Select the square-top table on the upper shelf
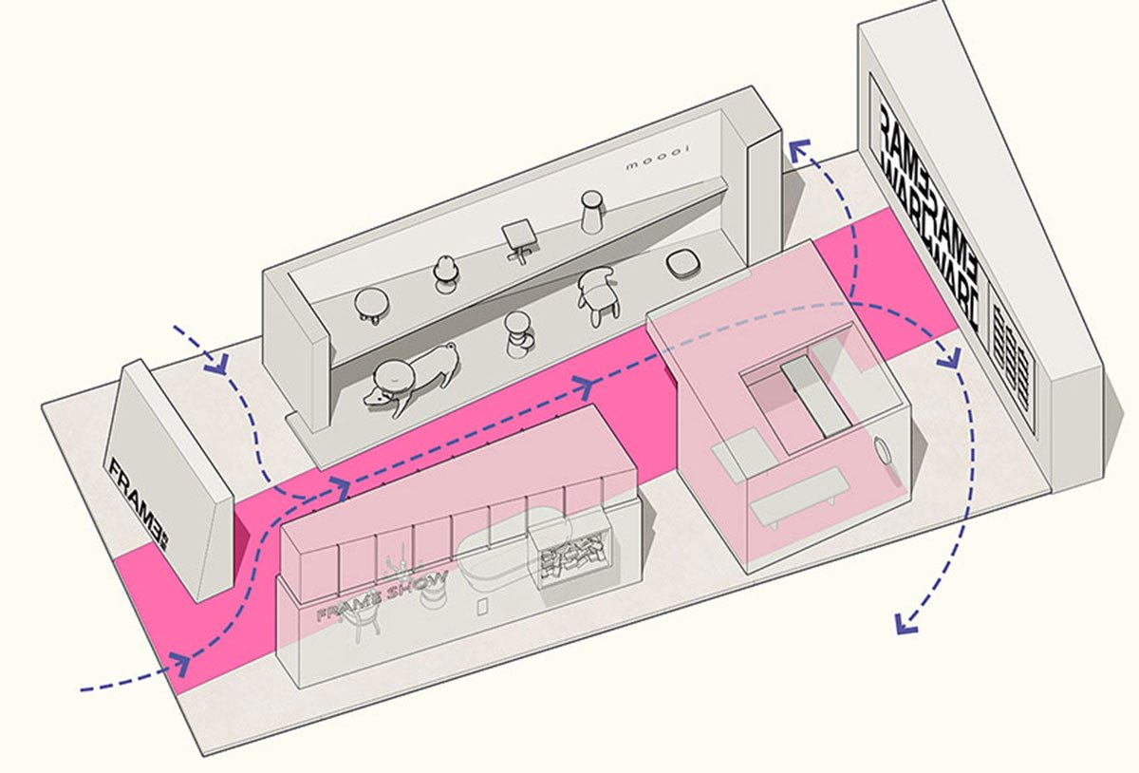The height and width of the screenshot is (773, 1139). pos(518,237)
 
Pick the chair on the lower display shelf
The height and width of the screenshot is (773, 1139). pos(596,296)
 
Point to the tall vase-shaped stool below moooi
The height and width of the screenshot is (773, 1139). pos(592,210)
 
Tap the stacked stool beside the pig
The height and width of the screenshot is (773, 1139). pos(517,335)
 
